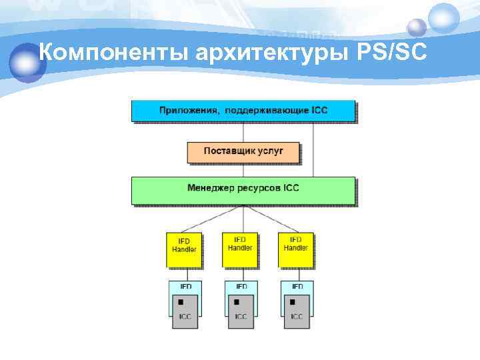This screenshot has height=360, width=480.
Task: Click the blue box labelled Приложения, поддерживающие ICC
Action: (x=243, y=110)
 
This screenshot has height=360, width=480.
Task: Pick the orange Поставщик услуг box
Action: (x=243, y=151)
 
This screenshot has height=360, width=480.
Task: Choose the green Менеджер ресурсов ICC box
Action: (x=243, y=189)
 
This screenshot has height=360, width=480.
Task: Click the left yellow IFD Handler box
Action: (x=184, y=248)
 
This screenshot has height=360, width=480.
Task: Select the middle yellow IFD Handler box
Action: (x=240, y=248)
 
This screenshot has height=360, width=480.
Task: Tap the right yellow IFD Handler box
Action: (x=296, y=248)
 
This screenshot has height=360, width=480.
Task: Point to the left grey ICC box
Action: (x=185, y=312)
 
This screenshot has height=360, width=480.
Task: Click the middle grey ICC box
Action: (x=241, y=312)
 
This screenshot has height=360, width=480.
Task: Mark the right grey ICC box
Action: (x=297, y=312)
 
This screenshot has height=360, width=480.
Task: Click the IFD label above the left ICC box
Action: (x=185, y=287)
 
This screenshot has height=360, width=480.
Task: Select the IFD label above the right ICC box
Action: (x=297, y=287)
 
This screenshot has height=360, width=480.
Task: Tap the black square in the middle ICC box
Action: (x=236, y=302)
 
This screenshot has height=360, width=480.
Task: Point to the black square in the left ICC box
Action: (x=180, y=302)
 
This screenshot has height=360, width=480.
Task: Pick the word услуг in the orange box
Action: (x=270, y=151)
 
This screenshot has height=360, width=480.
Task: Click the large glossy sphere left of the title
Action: (x=27, y=61)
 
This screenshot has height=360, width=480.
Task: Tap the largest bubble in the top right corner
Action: (x=443, y=17)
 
